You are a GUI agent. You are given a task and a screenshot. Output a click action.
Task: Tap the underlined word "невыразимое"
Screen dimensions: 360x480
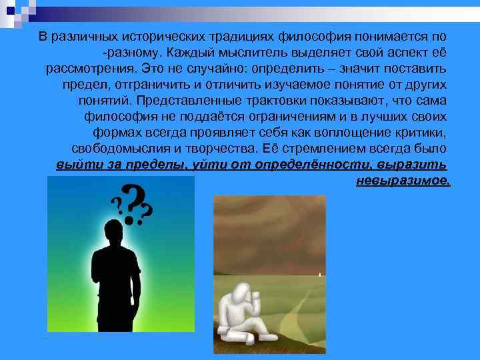pos(403,181)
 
